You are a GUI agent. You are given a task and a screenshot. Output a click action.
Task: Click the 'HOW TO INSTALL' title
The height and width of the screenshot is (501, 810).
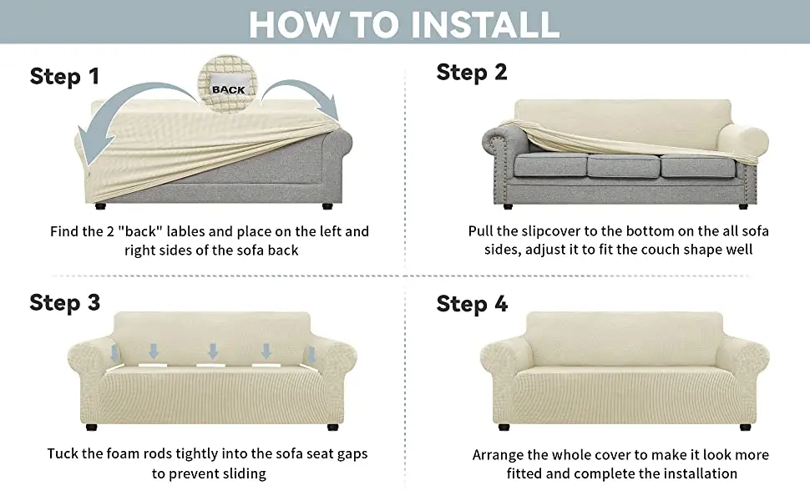coord(404,23)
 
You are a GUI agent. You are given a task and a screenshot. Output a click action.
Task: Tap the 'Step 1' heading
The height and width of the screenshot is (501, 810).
coord(64,77)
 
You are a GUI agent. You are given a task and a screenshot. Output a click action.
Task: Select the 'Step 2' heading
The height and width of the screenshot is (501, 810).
coord(472,73)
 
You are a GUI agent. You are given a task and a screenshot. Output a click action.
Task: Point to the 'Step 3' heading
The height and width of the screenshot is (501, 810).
coord(64,302)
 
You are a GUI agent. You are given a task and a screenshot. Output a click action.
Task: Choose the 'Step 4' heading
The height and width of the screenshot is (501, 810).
coord(472,304)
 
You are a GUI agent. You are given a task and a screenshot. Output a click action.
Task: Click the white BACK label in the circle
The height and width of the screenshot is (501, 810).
coord(228,86)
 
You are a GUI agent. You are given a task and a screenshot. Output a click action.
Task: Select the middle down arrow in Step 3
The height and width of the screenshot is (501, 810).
coord(212,352)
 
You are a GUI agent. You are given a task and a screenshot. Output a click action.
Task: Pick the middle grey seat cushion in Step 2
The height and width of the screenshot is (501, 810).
coord(624,166)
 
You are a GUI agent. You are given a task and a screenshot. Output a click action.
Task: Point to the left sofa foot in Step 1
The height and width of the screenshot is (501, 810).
coord(100,206)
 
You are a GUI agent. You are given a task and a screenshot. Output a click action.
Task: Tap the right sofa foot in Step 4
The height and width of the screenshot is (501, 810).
coord(745,428)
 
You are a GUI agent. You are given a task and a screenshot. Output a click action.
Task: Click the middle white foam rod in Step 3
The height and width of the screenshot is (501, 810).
coord(210,365)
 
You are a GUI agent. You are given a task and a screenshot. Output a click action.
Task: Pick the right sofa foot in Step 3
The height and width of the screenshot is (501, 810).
coord(332,428)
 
